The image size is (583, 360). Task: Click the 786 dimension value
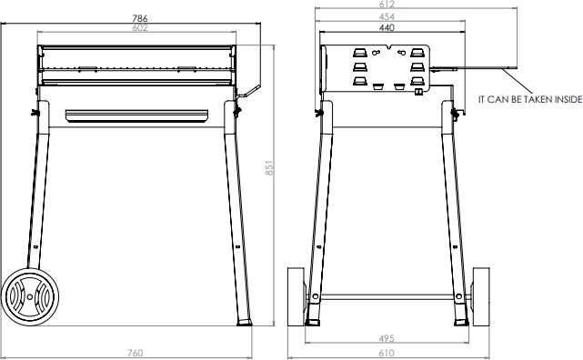[140, 18]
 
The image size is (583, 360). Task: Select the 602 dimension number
[140, 28]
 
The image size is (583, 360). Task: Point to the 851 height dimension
[269, 167]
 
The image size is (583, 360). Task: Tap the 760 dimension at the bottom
[135, 353]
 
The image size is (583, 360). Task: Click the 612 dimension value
[387, 4]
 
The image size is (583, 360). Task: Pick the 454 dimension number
[387, 16]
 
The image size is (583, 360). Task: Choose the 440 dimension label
[387, 28]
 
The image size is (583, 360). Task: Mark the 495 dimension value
[387, 338]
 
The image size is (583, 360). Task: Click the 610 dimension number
[387, 353]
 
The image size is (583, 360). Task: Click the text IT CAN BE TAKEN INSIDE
[530, 100]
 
